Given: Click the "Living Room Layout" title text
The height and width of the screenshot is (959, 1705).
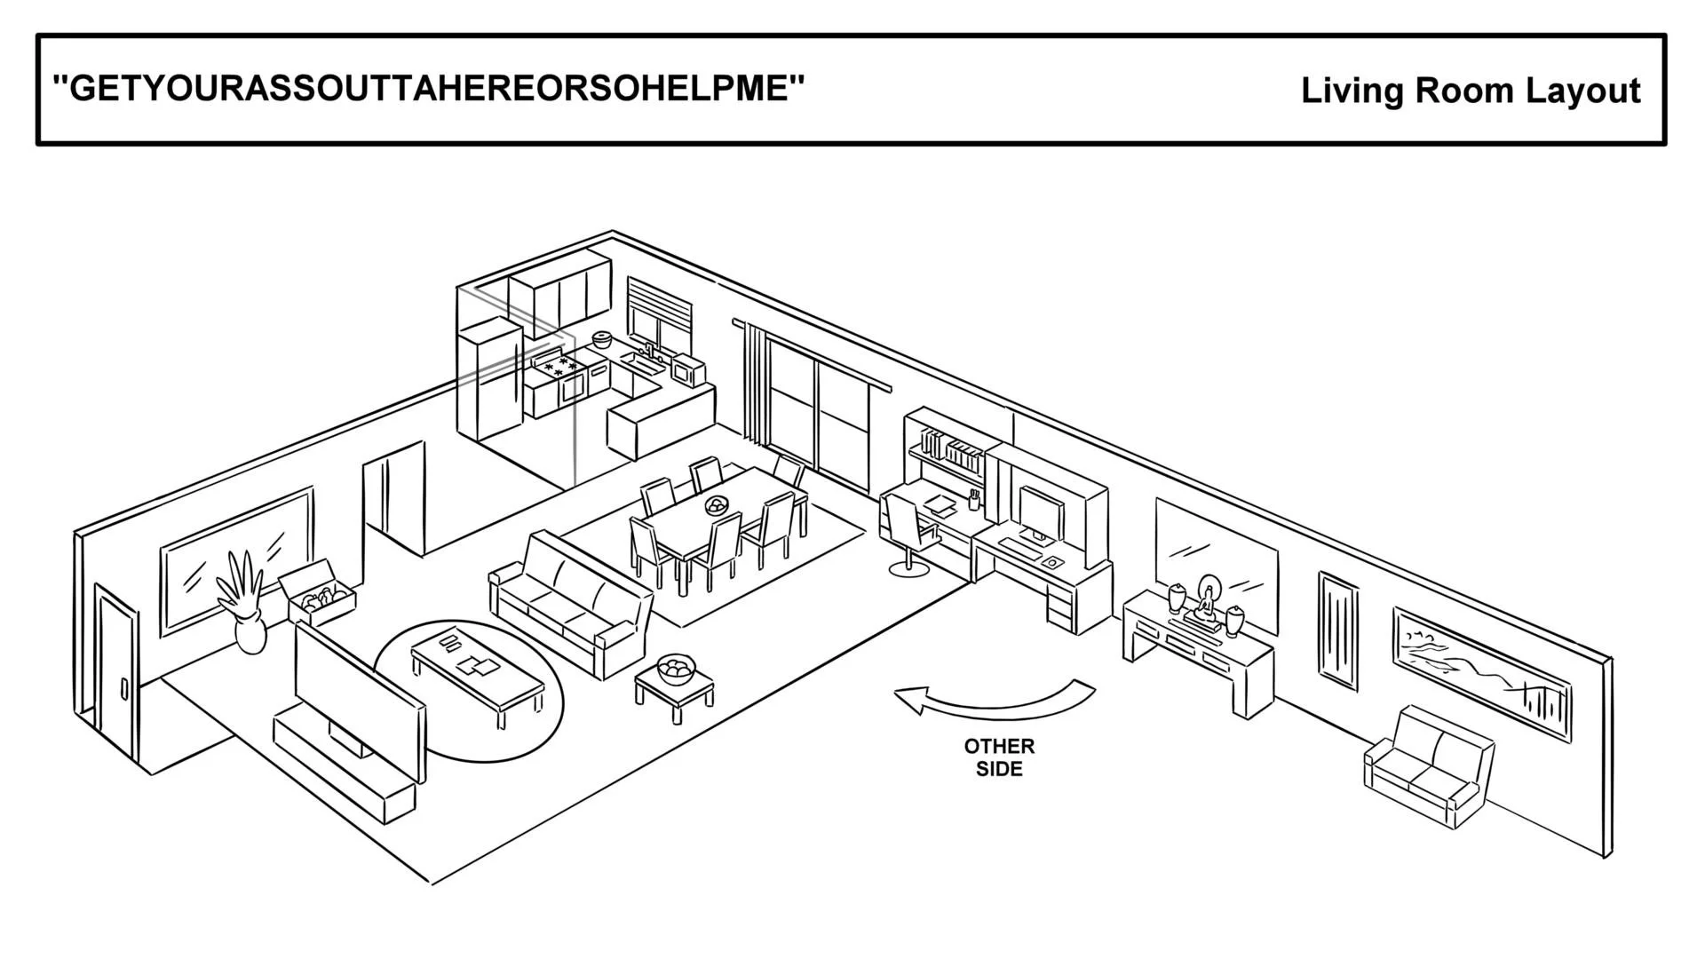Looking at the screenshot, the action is coord(1470,91).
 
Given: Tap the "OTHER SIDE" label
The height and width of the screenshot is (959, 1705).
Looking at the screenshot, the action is coord(999,757).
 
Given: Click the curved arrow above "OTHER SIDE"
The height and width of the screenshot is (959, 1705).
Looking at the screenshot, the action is coord(995,701).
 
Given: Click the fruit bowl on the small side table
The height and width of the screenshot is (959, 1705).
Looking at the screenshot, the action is coord(677,669).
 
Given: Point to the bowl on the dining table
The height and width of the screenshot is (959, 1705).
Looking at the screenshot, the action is coord(716,506).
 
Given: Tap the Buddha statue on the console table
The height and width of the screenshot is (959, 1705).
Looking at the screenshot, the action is coord(1206,603).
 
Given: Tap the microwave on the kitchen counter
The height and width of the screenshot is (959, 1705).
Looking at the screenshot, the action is coord(687,369).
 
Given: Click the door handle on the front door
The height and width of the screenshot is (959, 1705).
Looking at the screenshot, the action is coord(124,690).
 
